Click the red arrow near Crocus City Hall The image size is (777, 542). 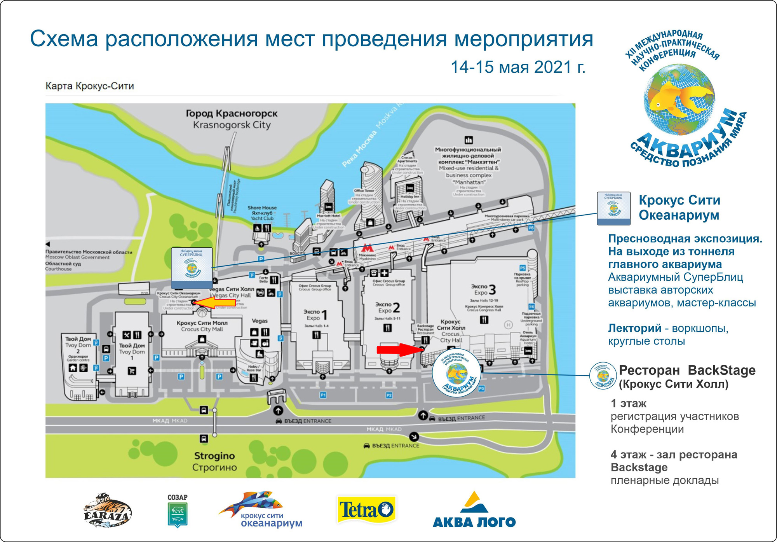pyautogui.click(x=400, y=349)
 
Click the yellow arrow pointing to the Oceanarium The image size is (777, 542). pyautogui.click(x=214, y=302)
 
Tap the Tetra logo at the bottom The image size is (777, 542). pyautogui.click(x=366, y=510)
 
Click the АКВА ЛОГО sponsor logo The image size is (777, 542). pyautogui.click(x=474, y=510)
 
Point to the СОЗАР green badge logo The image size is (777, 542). pyautogui.click(x=178, y=511)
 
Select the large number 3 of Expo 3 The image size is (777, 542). pyautogui.click(x=492, y=290)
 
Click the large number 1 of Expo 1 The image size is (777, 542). pyautogui.click(x=325, y=315)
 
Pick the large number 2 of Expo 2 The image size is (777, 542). pyautogui.click(x=396, y=308)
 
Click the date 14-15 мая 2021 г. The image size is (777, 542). pyautogui.click(x=517, y=67)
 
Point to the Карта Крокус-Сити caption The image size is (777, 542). pyautogui.click(x=90, y=86)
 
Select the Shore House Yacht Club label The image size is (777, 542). pyautogui.click(x=262, y=213)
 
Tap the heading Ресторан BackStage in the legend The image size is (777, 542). pyautogui.click(x=687, y=370)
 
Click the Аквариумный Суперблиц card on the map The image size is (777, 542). pyautogui.click(x=192, y=267)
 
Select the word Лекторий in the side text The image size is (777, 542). pyautogui.click(x=634, y=328)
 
